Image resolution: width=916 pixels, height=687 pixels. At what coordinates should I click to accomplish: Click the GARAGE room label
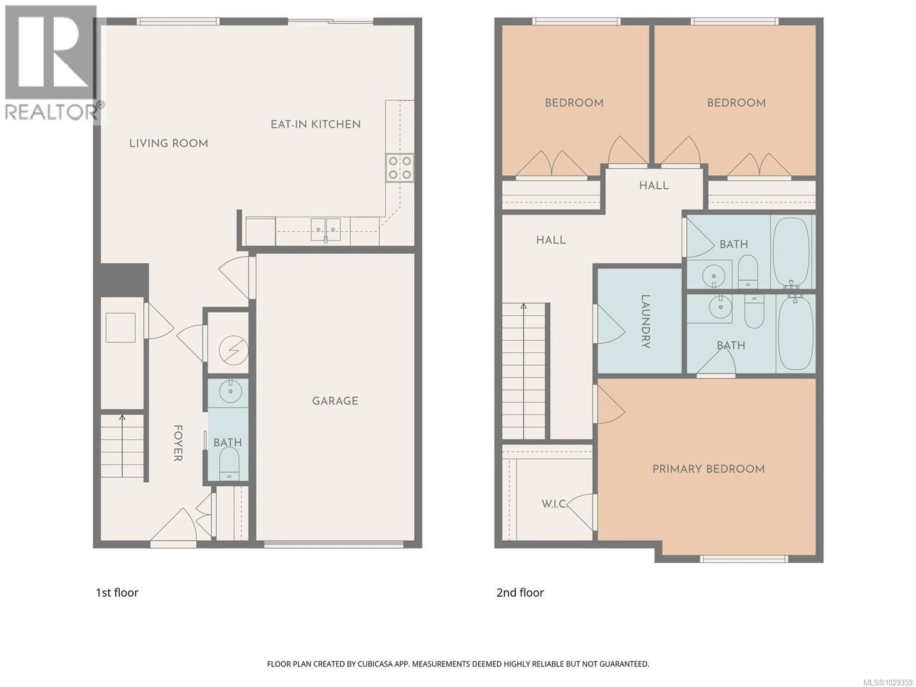(335, 401)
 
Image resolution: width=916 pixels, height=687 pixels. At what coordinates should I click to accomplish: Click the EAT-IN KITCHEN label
(316, 124)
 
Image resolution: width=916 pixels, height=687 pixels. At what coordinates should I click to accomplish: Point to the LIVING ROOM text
(169, 143)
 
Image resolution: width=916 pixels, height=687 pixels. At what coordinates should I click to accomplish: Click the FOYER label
(178, 443)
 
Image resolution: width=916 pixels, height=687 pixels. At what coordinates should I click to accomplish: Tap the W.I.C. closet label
(554, 504)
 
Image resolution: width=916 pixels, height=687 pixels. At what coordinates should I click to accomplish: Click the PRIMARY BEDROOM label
(708, 469)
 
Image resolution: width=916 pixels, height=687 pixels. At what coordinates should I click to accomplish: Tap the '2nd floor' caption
(520, 593)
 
